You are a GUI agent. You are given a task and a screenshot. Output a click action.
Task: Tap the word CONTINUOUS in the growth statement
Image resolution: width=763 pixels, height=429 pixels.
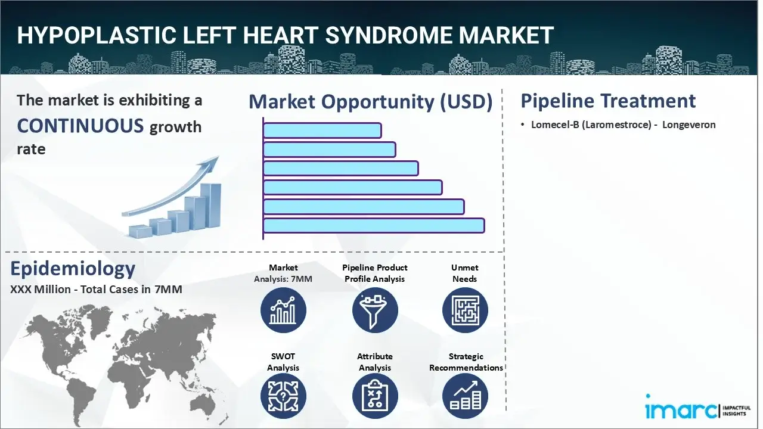click(x=80, y=126)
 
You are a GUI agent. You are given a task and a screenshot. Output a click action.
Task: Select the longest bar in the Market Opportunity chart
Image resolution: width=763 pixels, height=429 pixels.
click(x=373, y=225)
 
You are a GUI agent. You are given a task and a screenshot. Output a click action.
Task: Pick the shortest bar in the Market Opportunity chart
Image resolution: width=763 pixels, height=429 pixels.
click(x=322, y=130)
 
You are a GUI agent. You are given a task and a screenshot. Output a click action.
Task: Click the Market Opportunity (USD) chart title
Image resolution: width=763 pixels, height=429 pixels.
click(x=370, y=102)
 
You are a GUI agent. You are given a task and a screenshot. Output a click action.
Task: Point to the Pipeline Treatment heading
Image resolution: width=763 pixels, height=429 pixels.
click(x=608, y=101)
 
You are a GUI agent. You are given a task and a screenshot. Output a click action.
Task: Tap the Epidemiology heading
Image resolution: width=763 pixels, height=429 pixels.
click(x=73, y=269)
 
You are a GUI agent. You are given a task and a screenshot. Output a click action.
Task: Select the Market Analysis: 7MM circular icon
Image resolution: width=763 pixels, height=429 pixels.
click(x=283, y=310)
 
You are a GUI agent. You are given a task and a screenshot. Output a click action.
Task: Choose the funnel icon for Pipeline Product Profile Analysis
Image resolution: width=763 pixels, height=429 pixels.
click(x=374, y=310)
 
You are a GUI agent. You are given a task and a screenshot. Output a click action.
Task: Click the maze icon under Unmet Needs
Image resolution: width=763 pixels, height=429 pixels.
click(x=465, y=310)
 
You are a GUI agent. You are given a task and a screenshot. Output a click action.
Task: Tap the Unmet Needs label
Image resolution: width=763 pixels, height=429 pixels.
click(x=465, y=273)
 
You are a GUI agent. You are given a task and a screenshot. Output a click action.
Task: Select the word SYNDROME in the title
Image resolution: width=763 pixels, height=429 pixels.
click(x=396, y=36)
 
